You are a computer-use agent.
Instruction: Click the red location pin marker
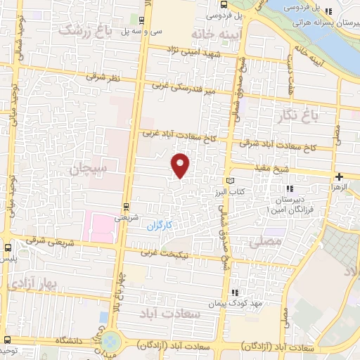(181, 165)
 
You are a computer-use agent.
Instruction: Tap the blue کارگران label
(160, 226)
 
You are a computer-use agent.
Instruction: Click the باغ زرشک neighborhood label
(85, 30)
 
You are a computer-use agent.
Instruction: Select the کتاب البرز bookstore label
(229, 191)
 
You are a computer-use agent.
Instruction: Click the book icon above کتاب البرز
(230, 181)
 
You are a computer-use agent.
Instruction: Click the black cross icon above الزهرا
(340, 176)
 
